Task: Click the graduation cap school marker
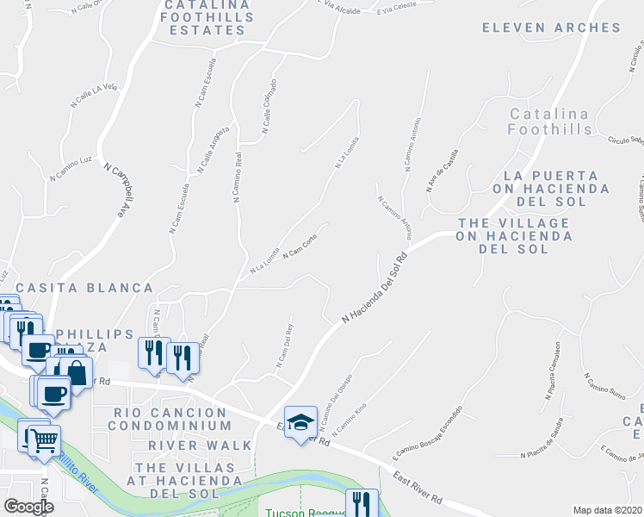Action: (x=300, y=423)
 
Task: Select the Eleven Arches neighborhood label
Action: (x=551, y=28)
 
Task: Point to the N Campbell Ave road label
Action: (x=119, y=190)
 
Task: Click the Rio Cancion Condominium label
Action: (x=172, y=419)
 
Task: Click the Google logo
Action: (x=28, y=507)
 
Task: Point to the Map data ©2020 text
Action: (x=606, y=510)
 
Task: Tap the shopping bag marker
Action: (x=77, y=372)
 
